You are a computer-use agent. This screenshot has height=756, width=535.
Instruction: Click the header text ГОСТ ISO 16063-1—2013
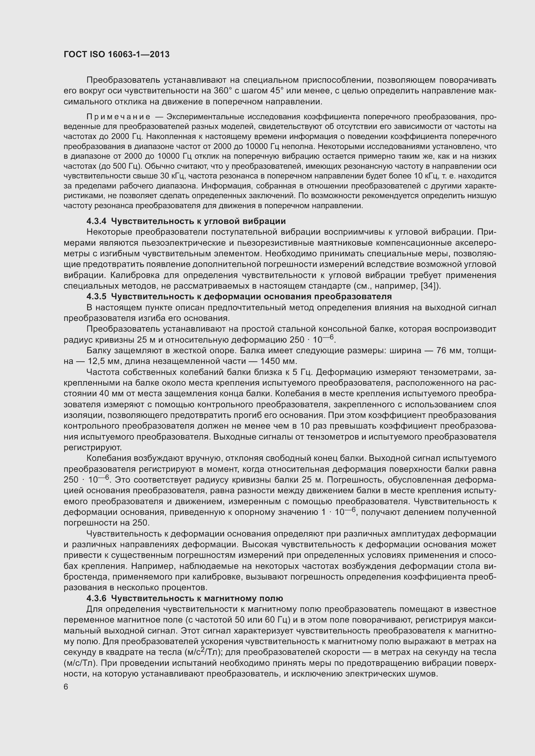(117, 54)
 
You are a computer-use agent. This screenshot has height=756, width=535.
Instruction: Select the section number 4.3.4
(96, 221)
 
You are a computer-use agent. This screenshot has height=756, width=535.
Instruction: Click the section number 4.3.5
(96, 297)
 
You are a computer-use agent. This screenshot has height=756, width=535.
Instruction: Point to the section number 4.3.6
(96, 598)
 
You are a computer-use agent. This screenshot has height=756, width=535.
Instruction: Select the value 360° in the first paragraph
(223, 91)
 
